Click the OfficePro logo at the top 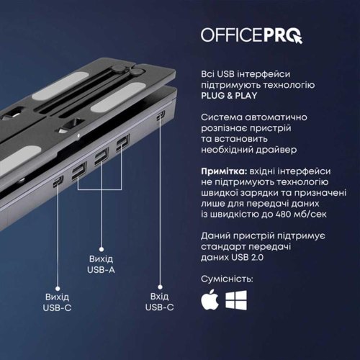pyautogui.click(x=251, y=34)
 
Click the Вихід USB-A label pyautogui.click(x=101, y=264)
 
